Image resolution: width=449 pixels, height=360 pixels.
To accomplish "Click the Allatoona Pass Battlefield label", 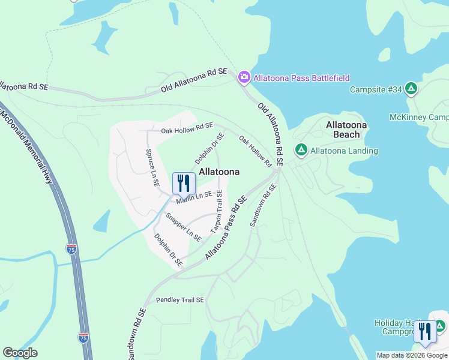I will [x=301, y=78].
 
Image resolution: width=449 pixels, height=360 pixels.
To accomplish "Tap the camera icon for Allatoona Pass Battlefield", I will [x=244, y=77].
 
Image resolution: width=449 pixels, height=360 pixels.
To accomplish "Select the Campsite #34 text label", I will [x=376, y=89].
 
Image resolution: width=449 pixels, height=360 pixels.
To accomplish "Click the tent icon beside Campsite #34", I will [x=411, y=89].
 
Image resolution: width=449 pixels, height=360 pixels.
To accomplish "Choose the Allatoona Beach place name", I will [x=346, y=130].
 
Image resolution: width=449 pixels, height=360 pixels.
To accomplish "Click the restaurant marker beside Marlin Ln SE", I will [x=184, y=184].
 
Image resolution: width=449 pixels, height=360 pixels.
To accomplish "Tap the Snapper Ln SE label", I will [x=184, y=227].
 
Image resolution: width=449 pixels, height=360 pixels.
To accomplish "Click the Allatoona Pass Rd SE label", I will [x=226, y=227].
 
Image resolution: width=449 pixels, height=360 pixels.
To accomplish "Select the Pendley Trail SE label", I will [x=180, y=299].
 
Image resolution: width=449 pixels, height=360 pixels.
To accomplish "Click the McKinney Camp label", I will [x=419, y=117].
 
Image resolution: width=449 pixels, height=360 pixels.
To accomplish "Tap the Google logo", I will [x=20, y=353].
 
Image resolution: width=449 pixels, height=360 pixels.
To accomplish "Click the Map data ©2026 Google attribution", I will [x=412, y=355].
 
